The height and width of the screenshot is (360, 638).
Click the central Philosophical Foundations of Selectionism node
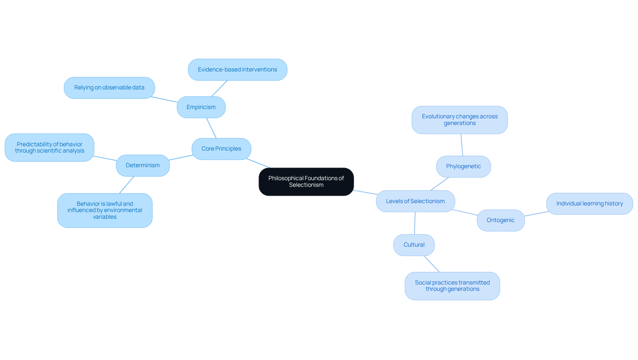(x=306, y=181)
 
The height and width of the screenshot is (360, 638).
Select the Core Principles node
(x=221, y=149)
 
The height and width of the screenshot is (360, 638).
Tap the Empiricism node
(x=201, y=107)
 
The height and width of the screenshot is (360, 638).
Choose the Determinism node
(x=143, y=165)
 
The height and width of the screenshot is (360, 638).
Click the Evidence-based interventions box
(x=237, y=69)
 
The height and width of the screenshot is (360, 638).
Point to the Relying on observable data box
(x=109, y=87)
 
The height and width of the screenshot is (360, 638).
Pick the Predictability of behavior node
(x=50, y=147)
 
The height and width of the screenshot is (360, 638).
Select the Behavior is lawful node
(x=105, y=210)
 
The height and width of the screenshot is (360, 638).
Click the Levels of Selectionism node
(x=415, y=201)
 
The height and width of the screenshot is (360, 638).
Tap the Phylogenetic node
(x=463, y=166)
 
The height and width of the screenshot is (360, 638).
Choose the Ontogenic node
(x=500, y=220)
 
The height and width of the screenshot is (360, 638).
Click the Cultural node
(x=414, y=245)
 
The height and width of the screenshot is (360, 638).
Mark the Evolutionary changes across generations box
(x=460, y=120)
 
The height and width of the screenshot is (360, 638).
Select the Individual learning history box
(x=589, y=203)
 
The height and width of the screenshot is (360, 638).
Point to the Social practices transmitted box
(x=452, y=286)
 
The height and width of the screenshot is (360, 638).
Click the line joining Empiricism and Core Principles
(x=211, y=128)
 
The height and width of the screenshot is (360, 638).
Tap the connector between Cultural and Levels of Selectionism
(x=415, y=223)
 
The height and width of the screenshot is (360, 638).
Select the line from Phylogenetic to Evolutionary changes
(x=462, y=145)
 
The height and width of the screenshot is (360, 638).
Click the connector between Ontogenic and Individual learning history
(x=536, y=214)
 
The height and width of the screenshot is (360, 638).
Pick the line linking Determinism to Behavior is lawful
(x=127, y=185)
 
